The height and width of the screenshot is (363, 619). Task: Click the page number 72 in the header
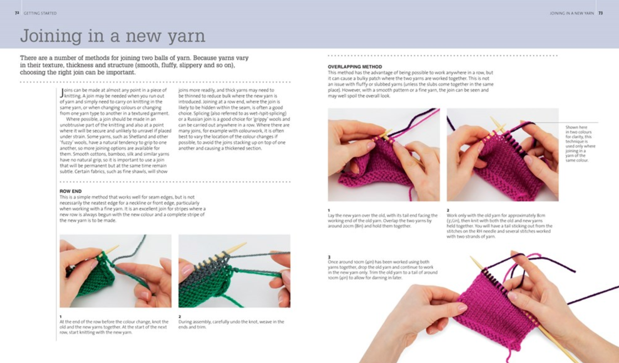coord(17,13)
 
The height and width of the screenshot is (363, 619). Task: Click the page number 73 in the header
coord(600,13)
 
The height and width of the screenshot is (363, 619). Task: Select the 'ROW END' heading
coord(71,191)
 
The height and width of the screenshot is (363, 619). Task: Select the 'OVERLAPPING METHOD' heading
coord(355,67)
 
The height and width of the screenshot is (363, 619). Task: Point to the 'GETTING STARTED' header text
coord(40,13)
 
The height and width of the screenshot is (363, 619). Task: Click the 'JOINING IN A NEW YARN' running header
coord(571,13)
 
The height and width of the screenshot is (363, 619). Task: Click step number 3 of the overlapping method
coord(329,257)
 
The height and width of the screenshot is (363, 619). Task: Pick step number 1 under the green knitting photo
coord(61,316)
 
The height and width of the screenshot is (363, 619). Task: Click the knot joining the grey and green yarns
coord(112,265)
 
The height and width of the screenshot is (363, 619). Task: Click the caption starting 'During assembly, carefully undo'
coord(231,324)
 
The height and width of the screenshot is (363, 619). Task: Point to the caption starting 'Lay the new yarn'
coord(383,220)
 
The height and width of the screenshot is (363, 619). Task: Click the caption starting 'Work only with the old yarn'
coord(499,226)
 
